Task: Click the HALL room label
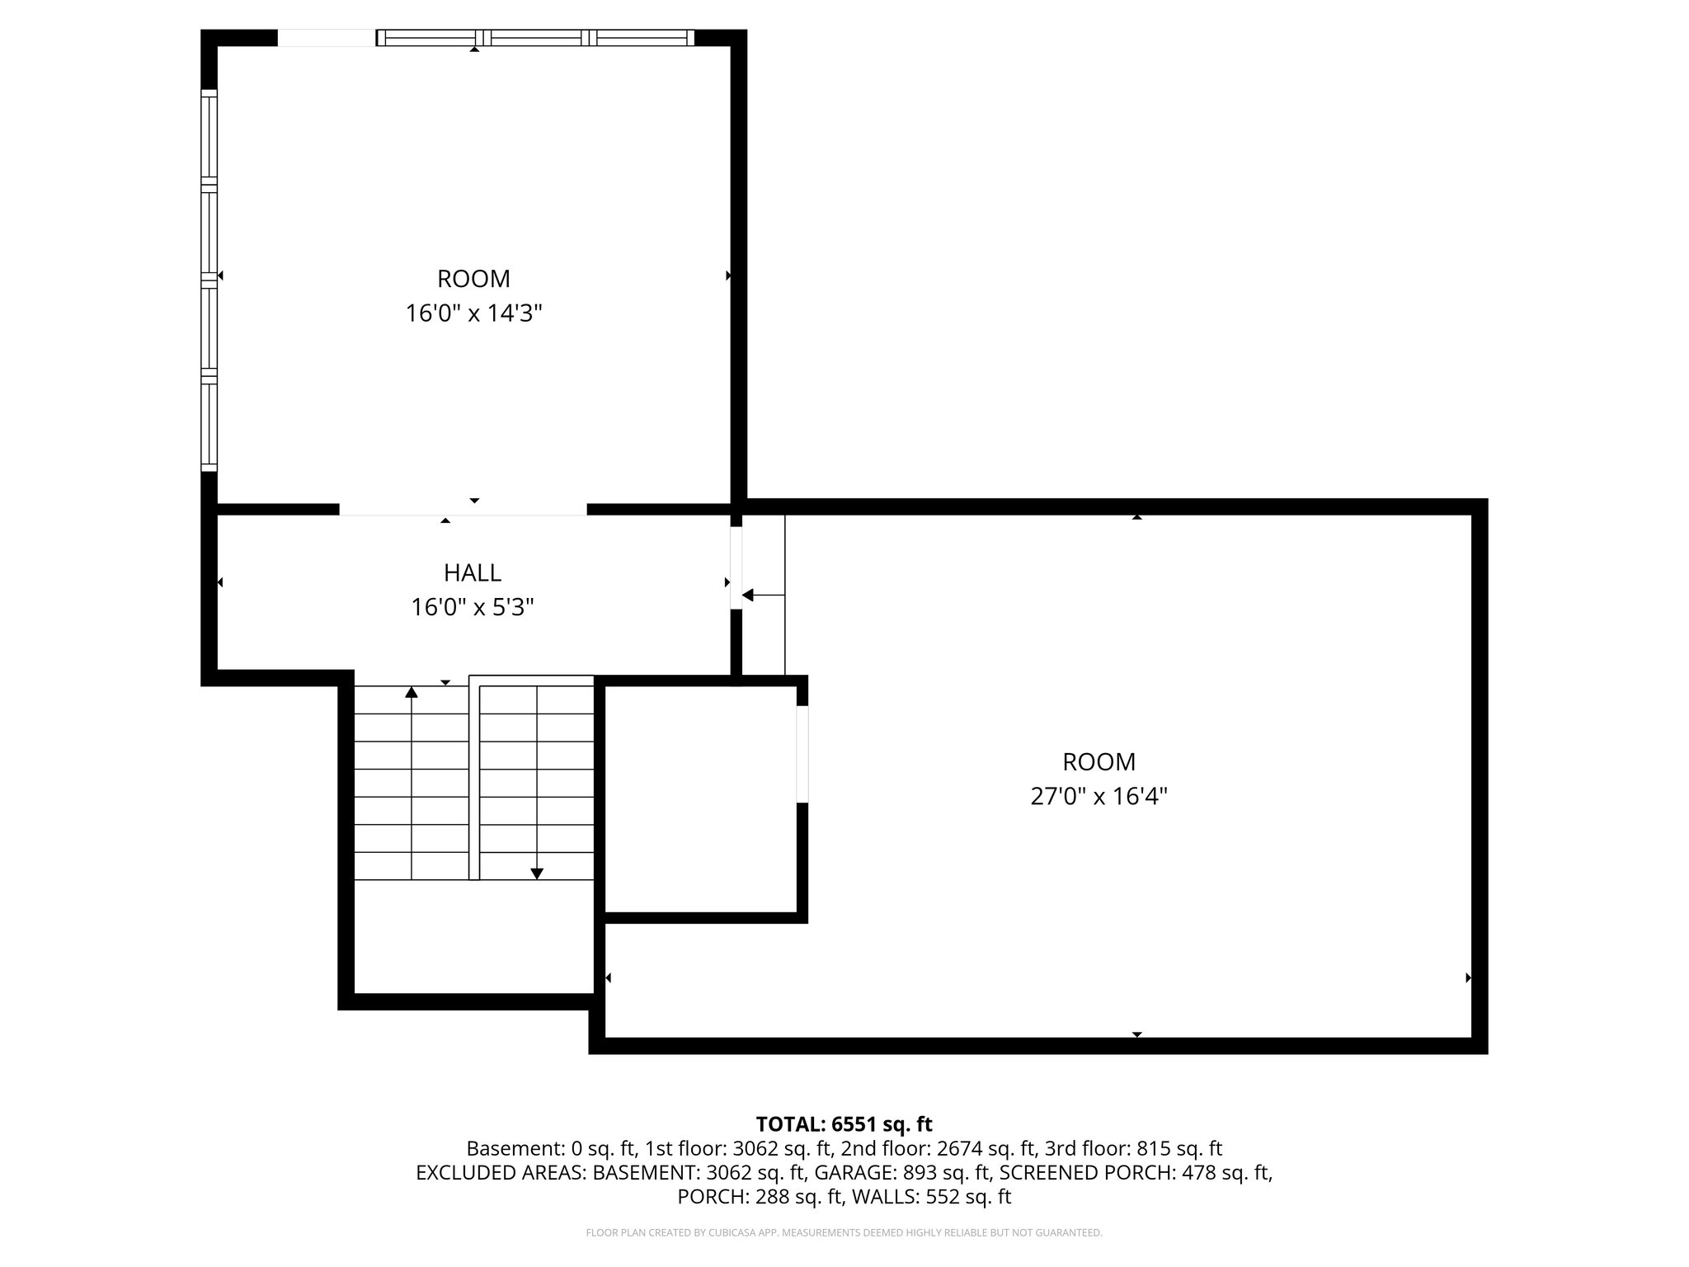click(473, 572)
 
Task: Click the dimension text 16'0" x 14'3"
click(473, 314)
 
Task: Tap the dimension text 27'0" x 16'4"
click(1099, 797)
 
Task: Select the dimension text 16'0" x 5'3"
click(473, 608)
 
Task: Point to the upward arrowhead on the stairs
click(412, 691)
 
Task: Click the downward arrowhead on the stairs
click(537, 874)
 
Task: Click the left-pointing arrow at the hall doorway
click(749, 595)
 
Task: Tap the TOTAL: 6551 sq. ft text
click(844, 1124)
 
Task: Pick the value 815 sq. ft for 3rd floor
click(1179, 1148)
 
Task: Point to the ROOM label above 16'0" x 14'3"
click(473, 279)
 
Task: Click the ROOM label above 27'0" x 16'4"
click(1099, 761)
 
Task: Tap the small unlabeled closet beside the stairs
click(700, 798)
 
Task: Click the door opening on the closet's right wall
click(802, 753)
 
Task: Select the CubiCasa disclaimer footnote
click(844, 1233)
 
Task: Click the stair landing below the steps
click(473, 936)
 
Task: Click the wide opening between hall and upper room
click(463, 510)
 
